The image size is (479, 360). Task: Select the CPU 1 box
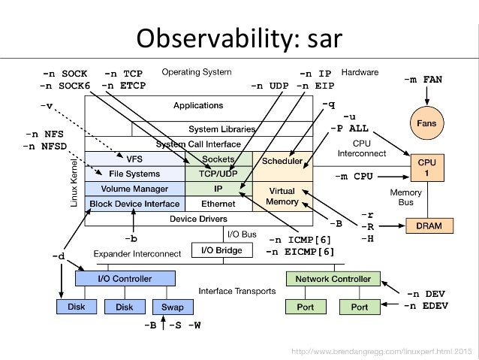pyautogui.click(x=426, y=168)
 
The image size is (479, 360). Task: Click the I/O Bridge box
pyautogui.click(x=218, y=250)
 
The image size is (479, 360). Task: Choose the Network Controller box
pyautogui.click(x=333, y=279)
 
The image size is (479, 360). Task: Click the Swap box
pyautogui.click(x=172, y=307)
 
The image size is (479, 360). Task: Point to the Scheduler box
pyautogui.click(x=282, y=161)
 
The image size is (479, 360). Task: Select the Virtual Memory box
pyautogui.click(x=282, y=197)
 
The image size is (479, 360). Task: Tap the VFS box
pyautogui.click(x=135, y=159)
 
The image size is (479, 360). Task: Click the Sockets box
pyautogui.click(x=218, y=159)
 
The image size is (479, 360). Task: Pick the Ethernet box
pyautogui.click(x=218, y=204)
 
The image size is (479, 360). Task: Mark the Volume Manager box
pyautogui.click(x=135, y=189)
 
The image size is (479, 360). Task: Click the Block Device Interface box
pyautogui.click(x=135, y=204)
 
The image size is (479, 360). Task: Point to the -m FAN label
pyautogui.click(x=422, y=78)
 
